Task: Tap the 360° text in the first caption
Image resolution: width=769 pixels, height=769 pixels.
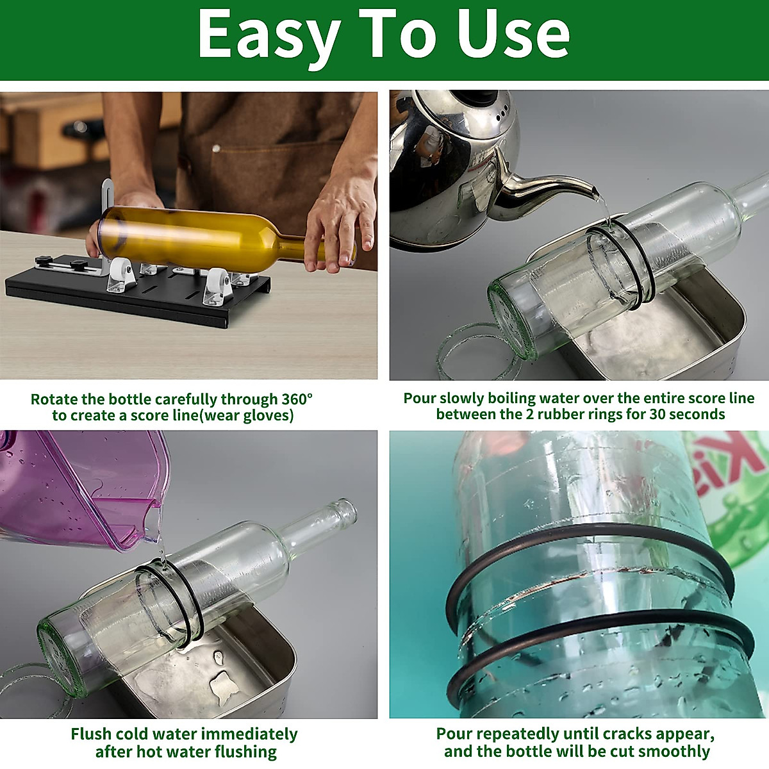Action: tap(297, 399)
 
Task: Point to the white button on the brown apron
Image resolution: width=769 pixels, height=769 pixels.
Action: tap(216, 149)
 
